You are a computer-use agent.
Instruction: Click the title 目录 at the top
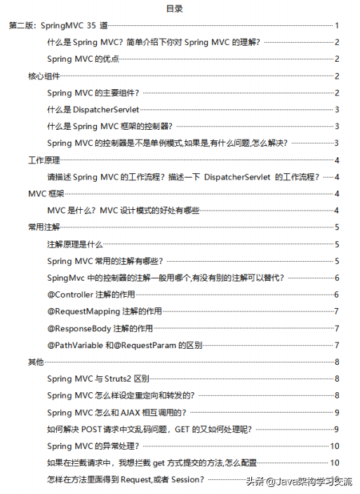[x=175, y=9]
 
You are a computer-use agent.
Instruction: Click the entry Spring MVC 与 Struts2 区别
[x=100, y=379]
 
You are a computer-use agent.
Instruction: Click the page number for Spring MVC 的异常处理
[x=335, y=446]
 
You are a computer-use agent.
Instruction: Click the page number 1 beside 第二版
[x=338, y=26]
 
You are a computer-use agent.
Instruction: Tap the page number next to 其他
[x=338, y=361]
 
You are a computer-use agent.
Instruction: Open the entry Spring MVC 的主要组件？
[x=93, y=93]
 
